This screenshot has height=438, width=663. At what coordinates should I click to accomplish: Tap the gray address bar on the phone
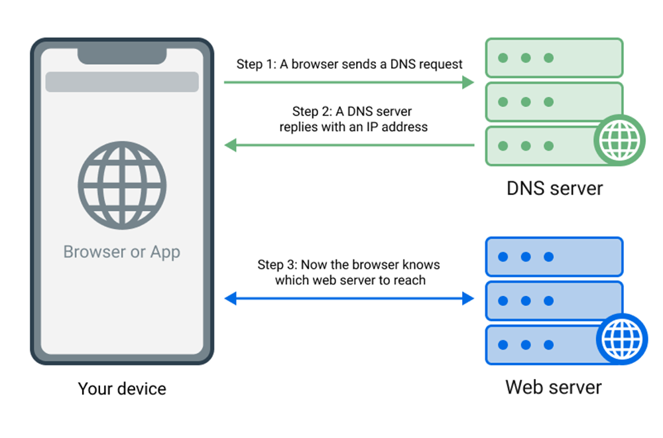coord(122,82)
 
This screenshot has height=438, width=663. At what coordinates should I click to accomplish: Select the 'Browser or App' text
coord(122,252)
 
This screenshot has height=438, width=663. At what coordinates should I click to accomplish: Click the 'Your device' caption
coord(122,388)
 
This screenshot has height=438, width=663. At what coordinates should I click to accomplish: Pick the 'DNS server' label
coord(554,188)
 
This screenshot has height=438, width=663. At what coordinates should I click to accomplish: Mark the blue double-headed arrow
coord(349,299)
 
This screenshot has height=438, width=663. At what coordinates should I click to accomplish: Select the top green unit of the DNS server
coord(554,58)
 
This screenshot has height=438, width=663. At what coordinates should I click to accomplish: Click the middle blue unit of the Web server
coord(554,301)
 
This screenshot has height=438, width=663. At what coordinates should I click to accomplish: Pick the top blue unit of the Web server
coord(554,257)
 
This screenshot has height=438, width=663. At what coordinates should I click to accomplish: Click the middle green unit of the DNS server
coord(554,102)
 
